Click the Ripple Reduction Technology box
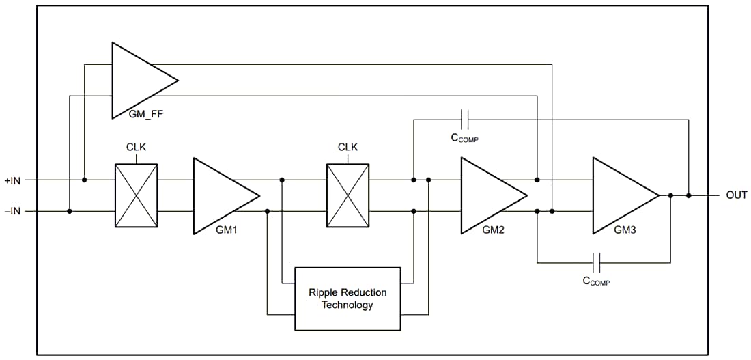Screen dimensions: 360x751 [348, 299]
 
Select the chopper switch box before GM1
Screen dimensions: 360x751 [136, 195]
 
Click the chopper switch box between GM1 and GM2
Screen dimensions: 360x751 [348, 195]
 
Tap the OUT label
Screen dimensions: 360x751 [736, 195]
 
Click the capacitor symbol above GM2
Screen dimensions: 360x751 [465, 120]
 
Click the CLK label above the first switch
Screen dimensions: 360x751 [136, 148]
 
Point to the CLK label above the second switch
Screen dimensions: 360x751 [348, 148]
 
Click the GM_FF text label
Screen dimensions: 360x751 [146, 114]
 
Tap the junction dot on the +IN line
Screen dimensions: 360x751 [84, 180]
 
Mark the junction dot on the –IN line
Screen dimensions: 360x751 [70, 211]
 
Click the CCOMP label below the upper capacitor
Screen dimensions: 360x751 [464, 139]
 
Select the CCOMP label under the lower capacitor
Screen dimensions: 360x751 [596, 281]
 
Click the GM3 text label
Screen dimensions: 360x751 [625, 230]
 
